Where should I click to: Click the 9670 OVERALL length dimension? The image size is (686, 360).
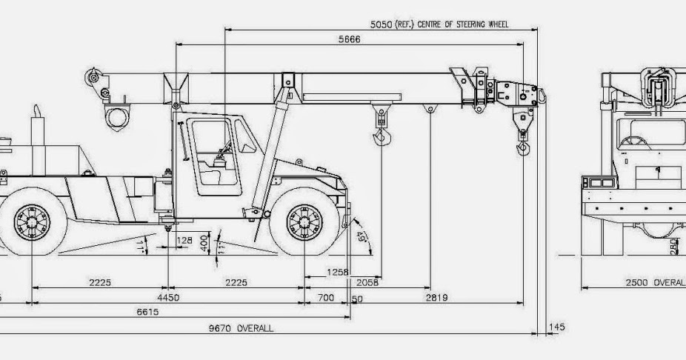coord(241,328)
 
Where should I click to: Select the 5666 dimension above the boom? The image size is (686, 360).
coord(349,40)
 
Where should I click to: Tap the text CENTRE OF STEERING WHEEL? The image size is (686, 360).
coord(463,24)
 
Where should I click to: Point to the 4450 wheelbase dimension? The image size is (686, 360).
coord(170,298)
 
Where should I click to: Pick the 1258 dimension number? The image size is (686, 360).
coord(337,273)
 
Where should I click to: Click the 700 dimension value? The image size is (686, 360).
coord(326,298)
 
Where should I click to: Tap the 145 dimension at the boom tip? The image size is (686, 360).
coord(557,327)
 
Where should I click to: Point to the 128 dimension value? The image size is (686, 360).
coord(184,240)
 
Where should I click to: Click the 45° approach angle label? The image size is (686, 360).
coord(362,237)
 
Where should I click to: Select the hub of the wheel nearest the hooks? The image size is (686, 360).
coord(304,221)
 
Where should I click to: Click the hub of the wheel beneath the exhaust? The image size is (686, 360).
coord(32,221)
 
